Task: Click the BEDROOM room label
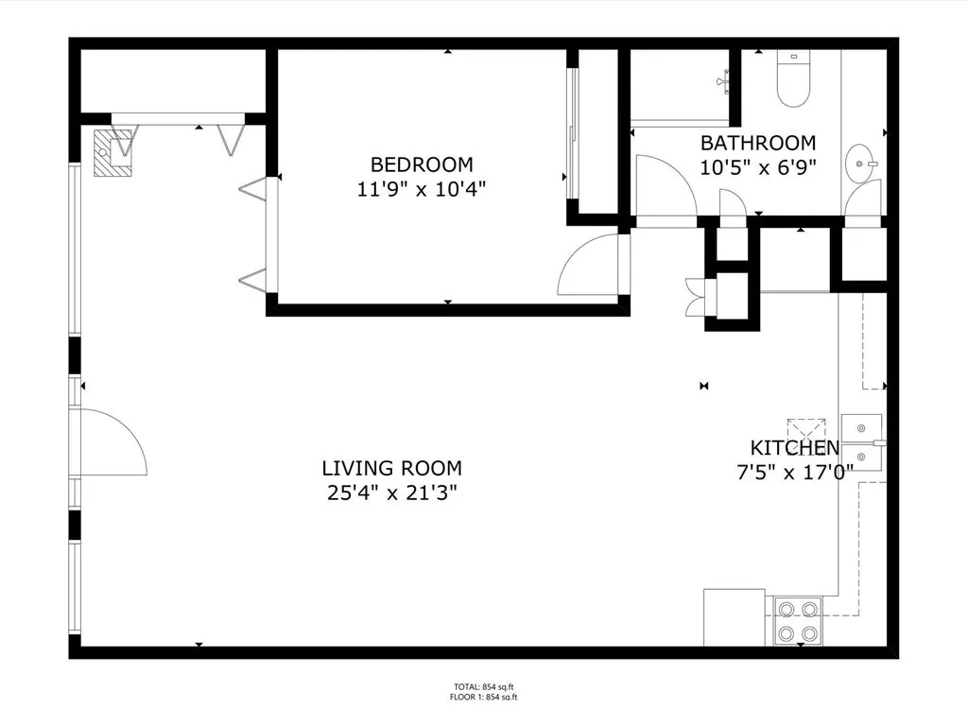point(422,164)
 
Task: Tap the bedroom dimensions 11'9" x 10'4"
point(422,188)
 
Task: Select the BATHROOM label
point(757,144)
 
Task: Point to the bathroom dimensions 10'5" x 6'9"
point(757,167)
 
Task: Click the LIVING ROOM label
point(391,468)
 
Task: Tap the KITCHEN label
point(794,448)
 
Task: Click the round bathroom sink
point(863,164)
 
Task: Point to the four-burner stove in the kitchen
point(796,621)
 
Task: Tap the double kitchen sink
point(861,441)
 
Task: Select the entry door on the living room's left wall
point(112,442)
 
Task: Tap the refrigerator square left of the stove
point(734,617)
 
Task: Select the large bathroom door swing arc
point(665,184)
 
